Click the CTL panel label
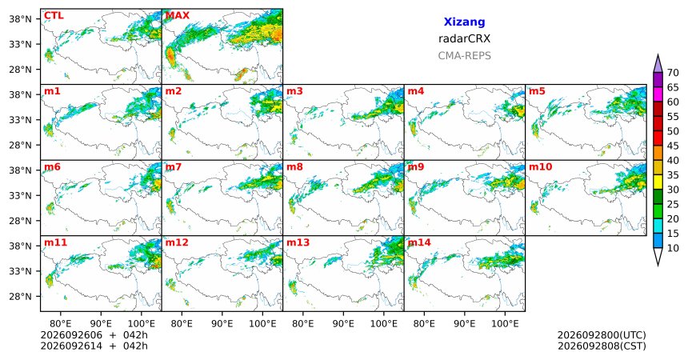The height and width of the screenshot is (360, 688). (x=54, y=16)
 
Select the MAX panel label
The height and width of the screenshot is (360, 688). (x=178, y=16)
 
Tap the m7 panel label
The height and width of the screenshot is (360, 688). (x=173, y=167)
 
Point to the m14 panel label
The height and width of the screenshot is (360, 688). (x=419, y=242)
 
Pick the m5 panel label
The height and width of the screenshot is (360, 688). (x=537, y=91)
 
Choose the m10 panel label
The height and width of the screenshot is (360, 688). (x=541, y=167)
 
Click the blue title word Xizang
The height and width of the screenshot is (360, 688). (x=464, y=22)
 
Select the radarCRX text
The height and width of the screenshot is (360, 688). (x=464, y=38)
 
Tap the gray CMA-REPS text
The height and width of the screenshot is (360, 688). (x=464, y=56)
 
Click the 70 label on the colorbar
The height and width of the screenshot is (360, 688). (x=673, y=73)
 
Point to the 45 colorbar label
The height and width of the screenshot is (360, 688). (x=673, y=146)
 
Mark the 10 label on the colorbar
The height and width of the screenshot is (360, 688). (x=673, y=248)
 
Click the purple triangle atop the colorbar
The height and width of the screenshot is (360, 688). (x=658, y=65)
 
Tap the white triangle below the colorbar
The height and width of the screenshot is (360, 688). (x=658, y=255)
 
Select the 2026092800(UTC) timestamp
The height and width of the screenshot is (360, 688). (x=602, y=335)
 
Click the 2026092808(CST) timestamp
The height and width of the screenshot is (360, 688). (x=602, y=346)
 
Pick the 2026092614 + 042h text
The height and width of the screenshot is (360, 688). (x=94, y=346)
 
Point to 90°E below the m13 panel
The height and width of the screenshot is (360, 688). (x=343, y=324)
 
